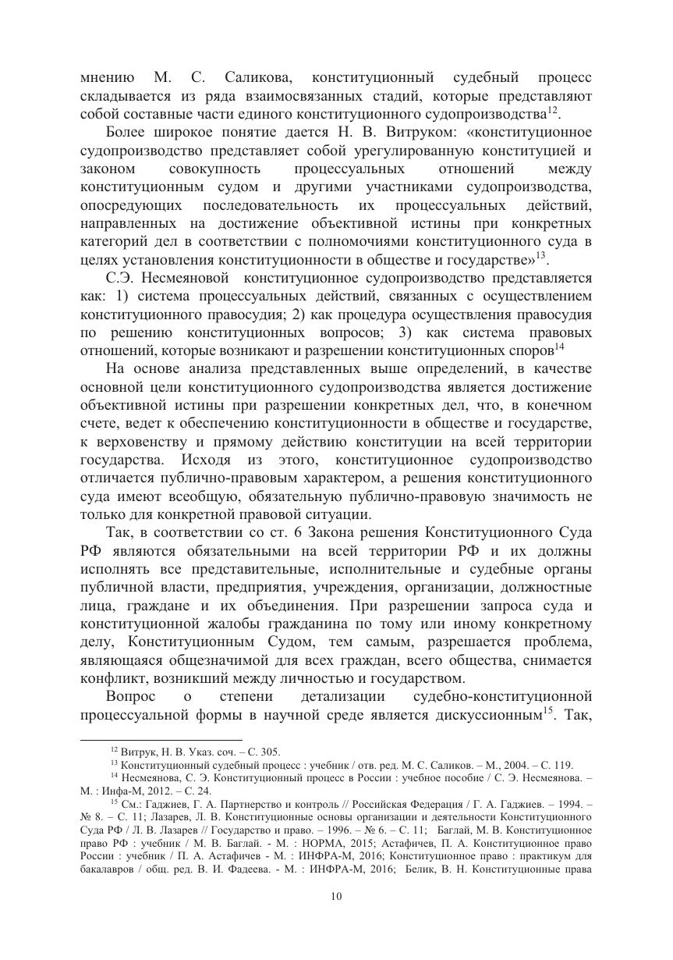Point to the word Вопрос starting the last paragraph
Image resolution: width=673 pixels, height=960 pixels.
point(130,695)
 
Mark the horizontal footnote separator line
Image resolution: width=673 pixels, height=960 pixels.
point(161,738)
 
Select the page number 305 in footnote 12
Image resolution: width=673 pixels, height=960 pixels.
point(271,752)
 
